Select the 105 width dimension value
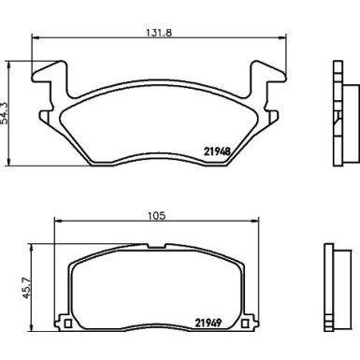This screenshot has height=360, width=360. (x=156, y=215)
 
